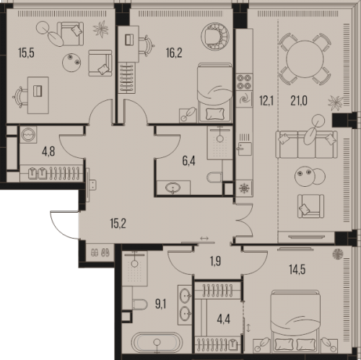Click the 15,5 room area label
point(26,53)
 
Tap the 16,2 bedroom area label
point(174,53)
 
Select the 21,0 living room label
point(299,101)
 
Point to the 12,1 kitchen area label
point(266,101)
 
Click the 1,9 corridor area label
point(216,261)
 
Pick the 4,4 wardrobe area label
point(224,320)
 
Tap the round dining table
point(305,58)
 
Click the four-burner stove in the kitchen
point(244,82)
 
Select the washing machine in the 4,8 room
point(28,135)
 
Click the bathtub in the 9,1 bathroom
point(157,343)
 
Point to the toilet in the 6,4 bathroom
point(214,177)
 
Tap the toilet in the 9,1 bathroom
point(139,304)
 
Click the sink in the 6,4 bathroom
point(173,188)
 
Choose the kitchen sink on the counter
point(245,149)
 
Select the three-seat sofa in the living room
point(306,144)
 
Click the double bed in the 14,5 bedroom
point(295,321)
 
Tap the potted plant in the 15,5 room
point(101,29)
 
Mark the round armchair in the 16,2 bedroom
point(215,37)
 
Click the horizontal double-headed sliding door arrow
point(204,238)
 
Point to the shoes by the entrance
point(100,253)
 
